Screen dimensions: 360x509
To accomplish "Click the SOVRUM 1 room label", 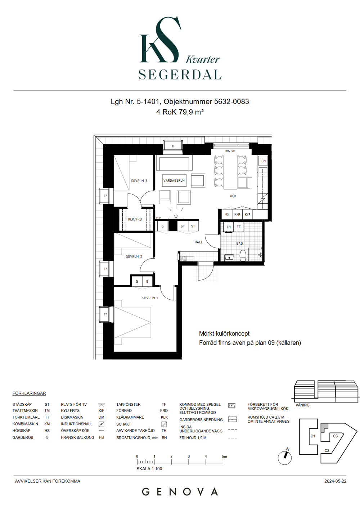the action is click(150, 298).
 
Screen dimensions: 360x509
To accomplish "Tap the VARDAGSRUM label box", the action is click(174, 181).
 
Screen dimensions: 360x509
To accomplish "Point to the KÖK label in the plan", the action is click(233, 196).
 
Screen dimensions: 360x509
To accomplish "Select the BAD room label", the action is click(239, 244).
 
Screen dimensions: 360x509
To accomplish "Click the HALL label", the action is click(198, 242).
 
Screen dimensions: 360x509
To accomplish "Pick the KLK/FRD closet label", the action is click(135, 219).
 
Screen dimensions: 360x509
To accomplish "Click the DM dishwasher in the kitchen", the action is click(263, 161).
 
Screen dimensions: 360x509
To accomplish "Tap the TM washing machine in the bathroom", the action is click(229, 227).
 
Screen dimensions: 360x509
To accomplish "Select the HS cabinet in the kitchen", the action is click(227, 214).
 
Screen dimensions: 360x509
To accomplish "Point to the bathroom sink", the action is click(229, 258).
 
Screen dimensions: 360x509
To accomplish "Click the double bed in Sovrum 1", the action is click(133, 322).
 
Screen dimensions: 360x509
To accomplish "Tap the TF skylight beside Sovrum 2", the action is click(105, 269).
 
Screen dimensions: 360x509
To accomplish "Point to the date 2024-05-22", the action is click(335, 481).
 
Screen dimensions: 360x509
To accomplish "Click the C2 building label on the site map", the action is click(327, 450).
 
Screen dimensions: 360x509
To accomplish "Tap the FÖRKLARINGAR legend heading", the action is click(29, 393).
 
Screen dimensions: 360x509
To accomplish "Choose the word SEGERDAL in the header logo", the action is click(180, 74).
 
